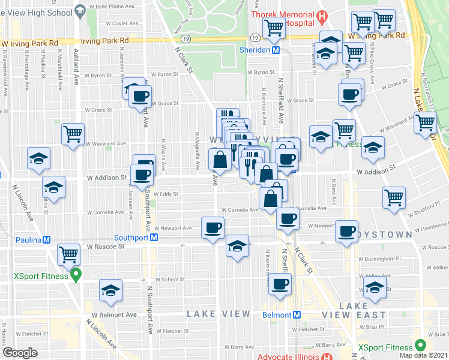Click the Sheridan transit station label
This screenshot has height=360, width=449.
256,51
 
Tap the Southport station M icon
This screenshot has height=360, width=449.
154,237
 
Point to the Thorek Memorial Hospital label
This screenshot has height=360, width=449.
282,13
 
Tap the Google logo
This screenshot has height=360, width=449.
20,353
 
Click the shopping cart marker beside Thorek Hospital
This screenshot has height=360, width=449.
274,26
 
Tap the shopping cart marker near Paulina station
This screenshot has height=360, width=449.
68,254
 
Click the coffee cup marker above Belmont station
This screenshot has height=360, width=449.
280,284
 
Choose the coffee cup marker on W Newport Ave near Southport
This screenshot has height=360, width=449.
214,227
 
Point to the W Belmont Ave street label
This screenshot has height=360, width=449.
115,314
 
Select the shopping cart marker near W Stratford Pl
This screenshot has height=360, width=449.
394,197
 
